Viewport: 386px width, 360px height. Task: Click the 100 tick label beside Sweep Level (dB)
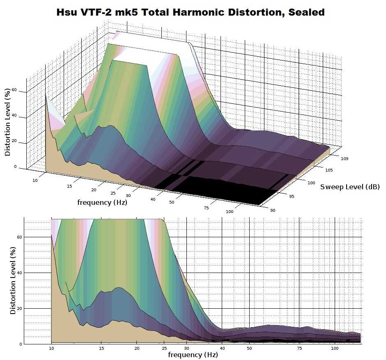coord(311,183)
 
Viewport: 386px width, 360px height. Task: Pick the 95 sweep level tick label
coord(292,196)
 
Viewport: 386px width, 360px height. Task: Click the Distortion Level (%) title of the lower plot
coord(13,280)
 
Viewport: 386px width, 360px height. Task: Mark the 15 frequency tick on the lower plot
coord(101,349)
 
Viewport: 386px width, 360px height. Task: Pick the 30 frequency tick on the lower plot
coord(186,349)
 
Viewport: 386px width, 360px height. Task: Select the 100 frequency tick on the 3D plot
coord(229,211)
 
